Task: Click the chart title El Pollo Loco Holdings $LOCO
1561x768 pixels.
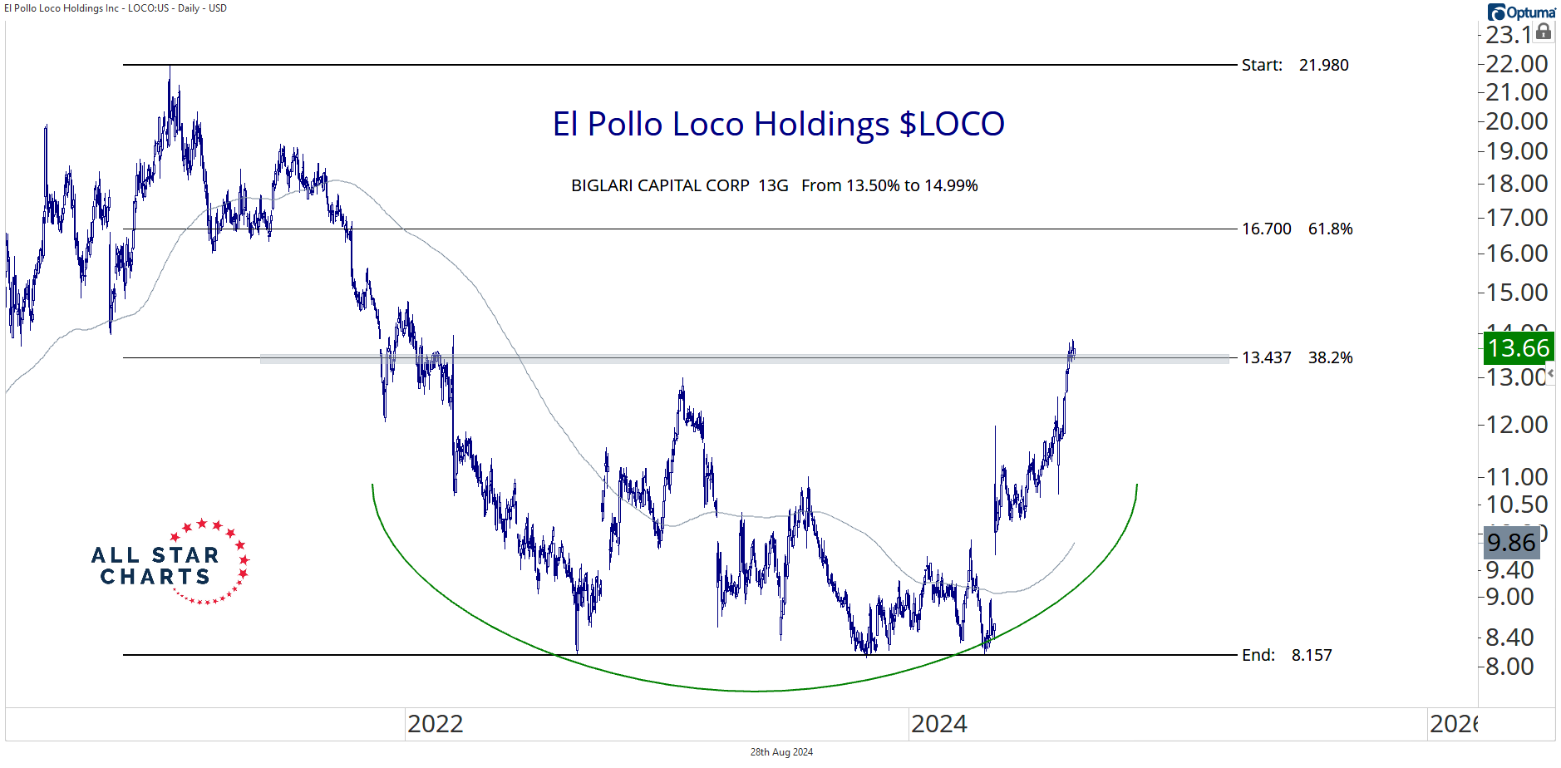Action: (778, 125)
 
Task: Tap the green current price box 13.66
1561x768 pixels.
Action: (1519, 347)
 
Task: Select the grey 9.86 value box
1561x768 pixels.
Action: (1511, 543)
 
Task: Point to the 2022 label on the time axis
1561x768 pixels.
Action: (435, 724)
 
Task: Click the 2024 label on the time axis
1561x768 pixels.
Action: (938, 724)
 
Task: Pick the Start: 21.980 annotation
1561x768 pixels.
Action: (1294, 65)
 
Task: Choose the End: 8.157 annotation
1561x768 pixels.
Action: (1286, 655)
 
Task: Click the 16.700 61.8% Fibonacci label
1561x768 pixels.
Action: (1297, 229)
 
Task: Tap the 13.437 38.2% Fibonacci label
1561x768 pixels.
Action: (1297, 357)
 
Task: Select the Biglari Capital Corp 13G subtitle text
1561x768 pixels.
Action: (774, 185)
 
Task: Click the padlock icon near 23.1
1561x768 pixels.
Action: (1544, 32)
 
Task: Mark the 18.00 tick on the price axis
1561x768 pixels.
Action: (1516, 184)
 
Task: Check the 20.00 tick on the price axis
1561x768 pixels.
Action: (1516, 121)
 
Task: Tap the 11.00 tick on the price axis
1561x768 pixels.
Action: (1516, 477)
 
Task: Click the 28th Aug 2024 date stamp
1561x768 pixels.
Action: (781, 752)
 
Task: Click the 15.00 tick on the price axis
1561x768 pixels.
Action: (1516, 293)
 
